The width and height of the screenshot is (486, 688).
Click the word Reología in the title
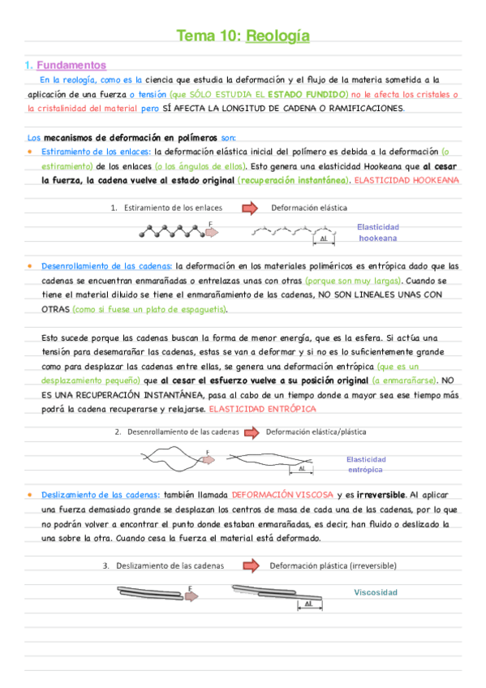[x=277, y=36]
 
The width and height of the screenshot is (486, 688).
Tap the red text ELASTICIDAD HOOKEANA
[x=407, y=180]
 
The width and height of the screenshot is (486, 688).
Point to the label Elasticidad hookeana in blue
[x=377, y=233]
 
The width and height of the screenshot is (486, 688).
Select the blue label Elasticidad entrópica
[x=366, y=465]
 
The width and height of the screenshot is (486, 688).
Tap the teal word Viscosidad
[x=376, y=592]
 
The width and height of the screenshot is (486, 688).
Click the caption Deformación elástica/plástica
[x=316, y=432]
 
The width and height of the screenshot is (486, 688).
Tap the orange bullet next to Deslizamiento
[x=29, y=494]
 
